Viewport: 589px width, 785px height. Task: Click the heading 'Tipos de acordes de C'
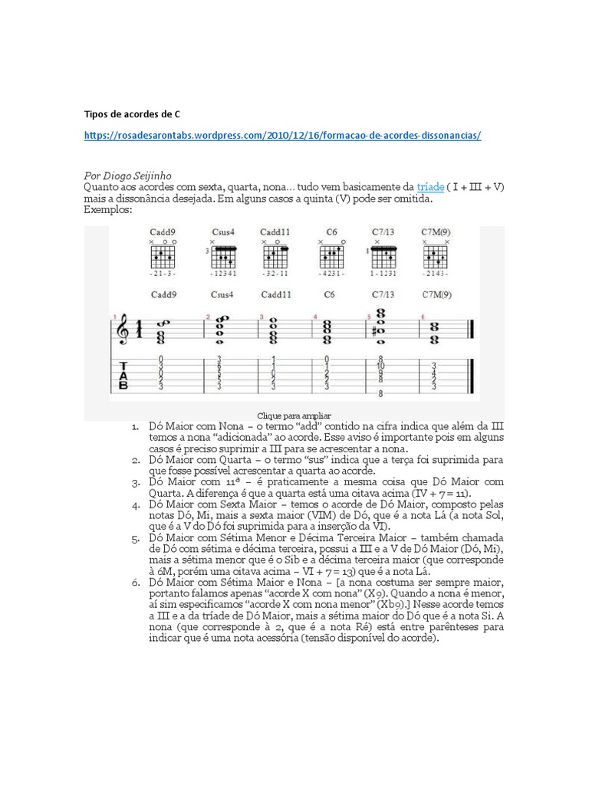(132, 114)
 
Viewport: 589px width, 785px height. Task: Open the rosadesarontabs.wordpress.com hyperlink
(282, 135)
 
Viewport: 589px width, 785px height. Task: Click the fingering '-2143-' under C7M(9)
(436, 274)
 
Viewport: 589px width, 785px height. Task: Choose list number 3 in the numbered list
(133, 482)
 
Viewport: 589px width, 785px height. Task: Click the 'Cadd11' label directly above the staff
(275, 294)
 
